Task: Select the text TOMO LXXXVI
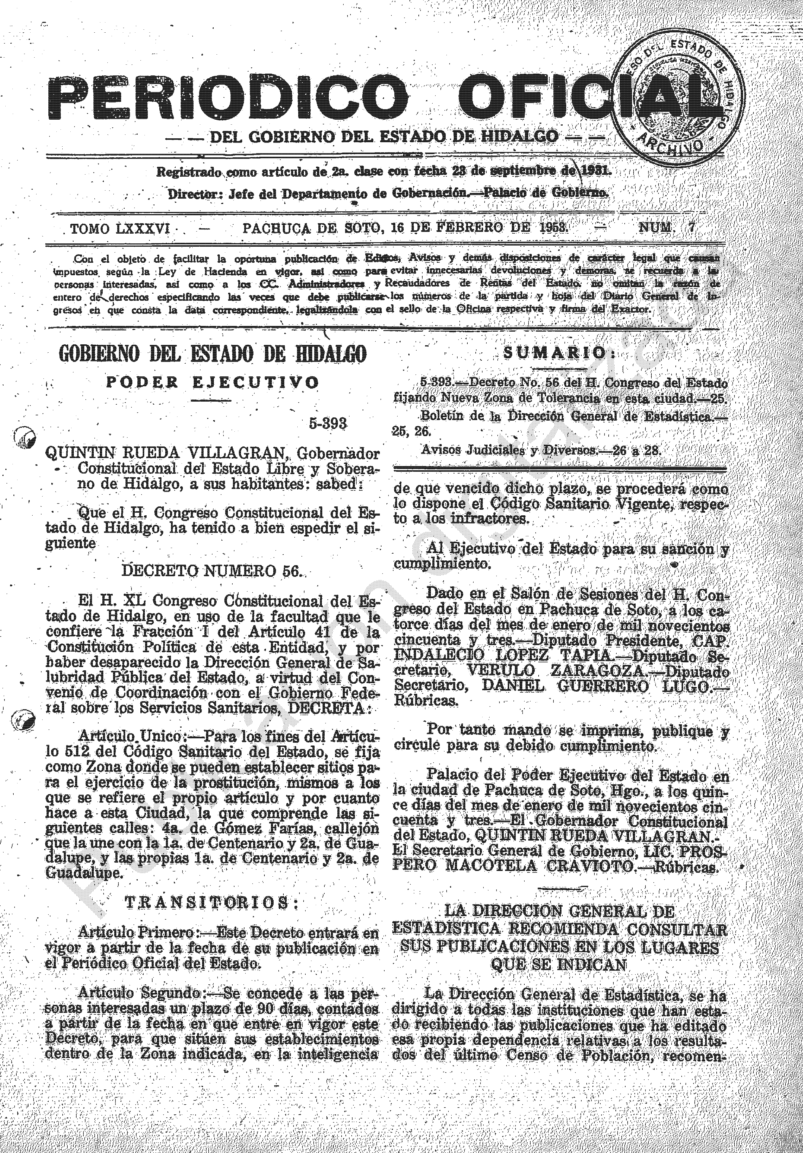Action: click(120, 229)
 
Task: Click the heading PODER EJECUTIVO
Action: click(212, 383)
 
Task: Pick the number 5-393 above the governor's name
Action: click(328, 423)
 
